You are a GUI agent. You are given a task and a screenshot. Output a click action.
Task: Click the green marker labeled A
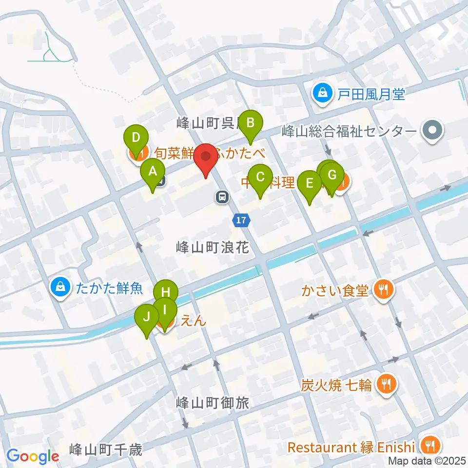(x=152, y=172)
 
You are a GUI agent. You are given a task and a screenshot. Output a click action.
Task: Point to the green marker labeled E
(x=309, y=183)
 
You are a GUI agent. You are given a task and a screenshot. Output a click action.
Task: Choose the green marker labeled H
(x=165, y=292)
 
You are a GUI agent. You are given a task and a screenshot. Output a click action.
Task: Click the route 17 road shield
(x=241, y=221)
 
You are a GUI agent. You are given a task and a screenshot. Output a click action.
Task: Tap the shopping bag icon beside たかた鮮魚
(x=60, y=288)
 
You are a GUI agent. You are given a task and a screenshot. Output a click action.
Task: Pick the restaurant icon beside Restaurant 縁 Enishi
(x=430, y=446)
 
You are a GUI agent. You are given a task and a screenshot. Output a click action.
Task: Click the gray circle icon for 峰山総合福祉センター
(x=432, y=130)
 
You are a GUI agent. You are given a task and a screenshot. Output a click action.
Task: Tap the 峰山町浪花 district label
(x=213, y=248)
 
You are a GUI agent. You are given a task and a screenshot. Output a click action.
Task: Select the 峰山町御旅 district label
(x=213, y=403)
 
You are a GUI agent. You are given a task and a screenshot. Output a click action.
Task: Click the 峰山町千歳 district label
(x=106, y=449)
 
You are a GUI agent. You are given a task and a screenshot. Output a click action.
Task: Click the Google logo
(x=33, y=456)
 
